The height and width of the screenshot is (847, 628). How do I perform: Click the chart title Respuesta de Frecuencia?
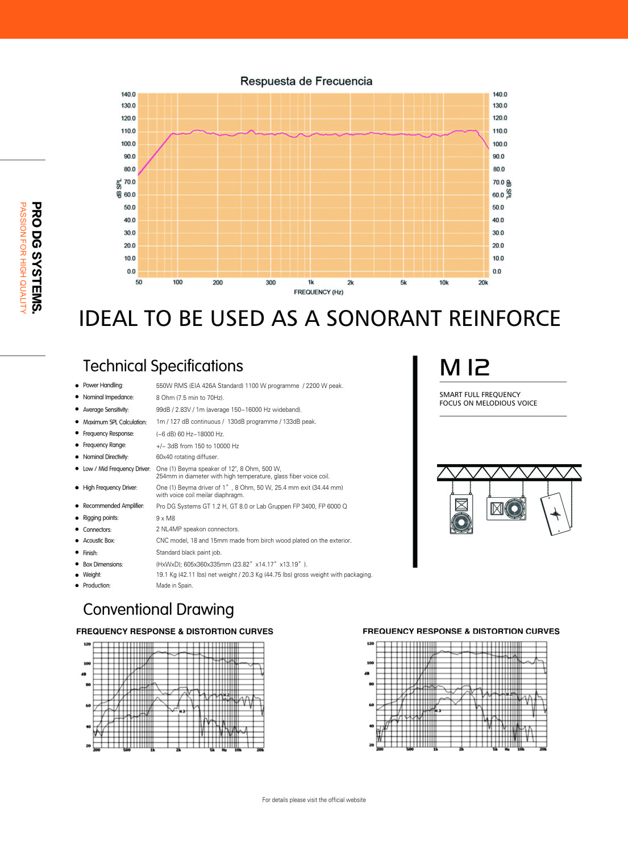pyautogui.click(x=306, y=81)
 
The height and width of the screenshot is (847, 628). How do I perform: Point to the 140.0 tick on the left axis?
pyautogui.click(x=128, y=94)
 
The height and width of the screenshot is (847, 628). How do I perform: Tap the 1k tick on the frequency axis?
pyautogui.click(x=311, y=282)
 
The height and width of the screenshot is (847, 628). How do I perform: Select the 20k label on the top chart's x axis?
pyautogui.click(x=483, y=282)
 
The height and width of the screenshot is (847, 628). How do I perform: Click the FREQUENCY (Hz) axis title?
pyautogui.click(x=318, y=292)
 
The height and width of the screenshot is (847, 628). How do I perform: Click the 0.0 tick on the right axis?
pyautogui.click(x=497, y=271)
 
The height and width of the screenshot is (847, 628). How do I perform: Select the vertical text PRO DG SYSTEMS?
pyautogui.click(x=36, y=257)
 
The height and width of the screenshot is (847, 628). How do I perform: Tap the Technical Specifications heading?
pyautogui.click(x=163, y=366)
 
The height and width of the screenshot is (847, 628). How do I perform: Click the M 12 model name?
pyautogui.click(x=464, y=367)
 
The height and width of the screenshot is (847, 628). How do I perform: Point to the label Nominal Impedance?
pyautogui.click(x=108, y=397)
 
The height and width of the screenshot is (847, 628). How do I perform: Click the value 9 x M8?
pyautogui.click(x=165, y=518)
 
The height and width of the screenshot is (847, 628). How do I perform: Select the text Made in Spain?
pyautogui.click(x=174, y=585)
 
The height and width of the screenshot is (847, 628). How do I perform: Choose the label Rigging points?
pyautogui.click(x=101, y=518)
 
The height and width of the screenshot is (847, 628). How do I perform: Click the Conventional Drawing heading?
pyautogui.click(x=159, y=609)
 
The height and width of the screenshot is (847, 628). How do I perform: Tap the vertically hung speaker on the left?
pyautogui.click(x=461, y=513)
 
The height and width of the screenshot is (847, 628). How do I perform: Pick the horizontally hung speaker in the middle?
pyautogui.click(x=506, y=508)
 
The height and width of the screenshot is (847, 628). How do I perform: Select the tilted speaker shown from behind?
pyautogui.click(x=556, y=514)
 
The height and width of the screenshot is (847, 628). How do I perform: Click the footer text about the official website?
pyautogui.click(x=314, y=800)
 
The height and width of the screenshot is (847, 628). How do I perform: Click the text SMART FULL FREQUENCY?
pyautogui.click(x=480, y=394)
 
